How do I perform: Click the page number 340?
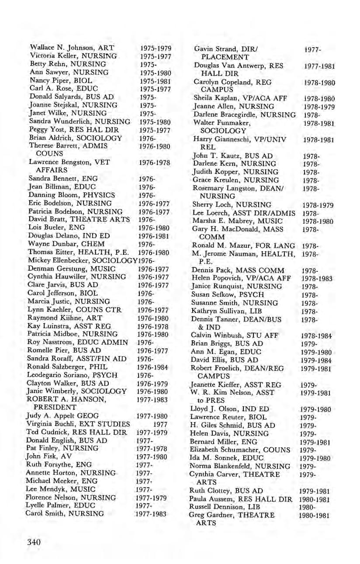click(33, 542)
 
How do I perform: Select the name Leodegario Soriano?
click(55, 375)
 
